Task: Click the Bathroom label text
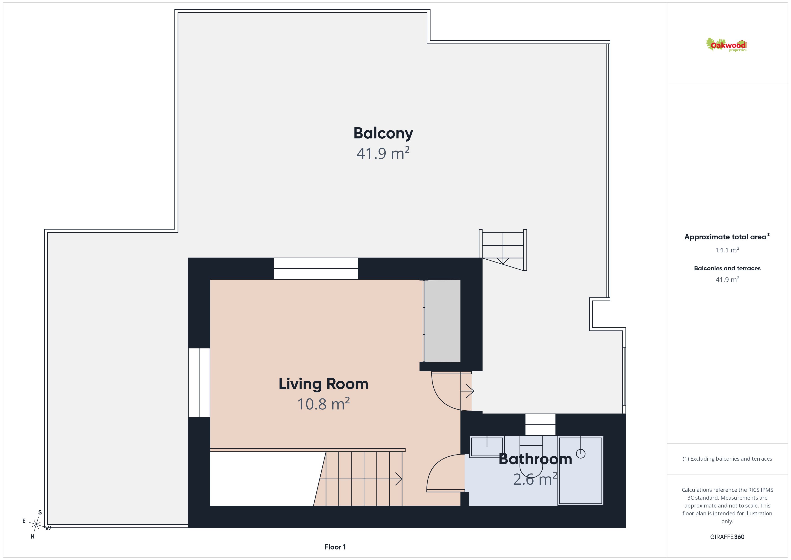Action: (535, 459)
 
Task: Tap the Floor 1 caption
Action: (335, 547)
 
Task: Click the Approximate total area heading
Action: (727, 237)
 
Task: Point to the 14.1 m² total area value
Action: (727, 250)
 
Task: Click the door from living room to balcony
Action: (452, 391)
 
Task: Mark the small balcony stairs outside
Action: (503, 250)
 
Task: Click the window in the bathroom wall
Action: (540, 424)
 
